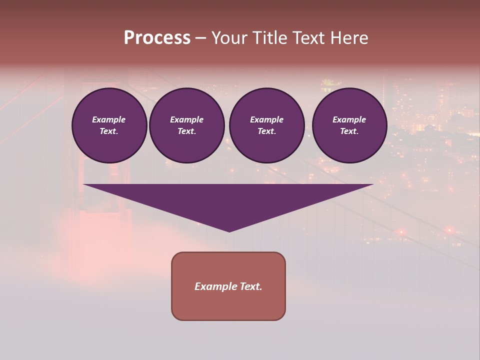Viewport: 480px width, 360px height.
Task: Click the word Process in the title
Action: [x=157, y=38]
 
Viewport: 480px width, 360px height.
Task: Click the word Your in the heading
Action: [x=230, y=38]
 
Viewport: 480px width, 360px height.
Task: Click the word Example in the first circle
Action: [x=109, y=119]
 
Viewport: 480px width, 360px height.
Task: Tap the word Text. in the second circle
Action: [x=187, y=131]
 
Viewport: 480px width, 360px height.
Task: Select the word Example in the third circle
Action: [x=267, y=119]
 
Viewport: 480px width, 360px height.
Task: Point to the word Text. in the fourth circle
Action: [x=349, y=131]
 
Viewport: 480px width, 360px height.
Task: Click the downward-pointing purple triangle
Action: [x=228, y=200]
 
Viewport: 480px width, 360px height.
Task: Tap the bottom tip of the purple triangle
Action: [x=229, y=230]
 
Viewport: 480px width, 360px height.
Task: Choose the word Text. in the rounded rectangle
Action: [x=251, y=286]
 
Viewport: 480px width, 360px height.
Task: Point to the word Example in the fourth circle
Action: [x=349, y=119]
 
